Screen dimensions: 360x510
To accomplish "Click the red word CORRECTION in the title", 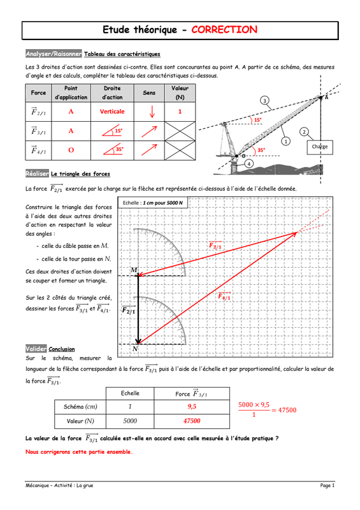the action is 224,29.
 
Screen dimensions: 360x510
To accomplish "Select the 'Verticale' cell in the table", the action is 112,112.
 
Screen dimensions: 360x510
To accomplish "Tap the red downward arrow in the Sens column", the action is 152,112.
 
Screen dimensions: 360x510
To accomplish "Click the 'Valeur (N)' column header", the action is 180,92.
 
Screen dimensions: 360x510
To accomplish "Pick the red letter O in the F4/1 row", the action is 71,150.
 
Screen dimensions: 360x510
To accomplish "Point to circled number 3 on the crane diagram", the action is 264,101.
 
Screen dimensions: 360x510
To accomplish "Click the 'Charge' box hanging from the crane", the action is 320,147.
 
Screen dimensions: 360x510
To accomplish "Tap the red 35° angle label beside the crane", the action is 261,150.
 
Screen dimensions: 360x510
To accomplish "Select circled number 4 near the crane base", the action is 248,164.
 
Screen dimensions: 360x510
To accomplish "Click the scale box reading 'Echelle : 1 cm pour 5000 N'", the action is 153,203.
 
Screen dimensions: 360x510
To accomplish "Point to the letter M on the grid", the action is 134,270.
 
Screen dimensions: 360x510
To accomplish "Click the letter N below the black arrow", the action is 135,349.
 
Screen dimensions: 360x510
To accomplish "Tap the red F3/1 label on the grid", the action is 215,245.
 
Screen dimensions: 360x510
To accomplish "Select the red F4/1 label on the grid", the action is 224,296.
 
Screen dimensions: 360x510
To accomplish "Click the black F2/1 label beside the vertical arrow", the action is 129,310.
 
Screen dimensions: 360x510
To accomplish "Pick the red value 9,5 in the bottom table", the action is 192,406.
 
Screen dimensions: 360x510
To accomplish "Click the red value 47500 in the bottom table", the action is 192,421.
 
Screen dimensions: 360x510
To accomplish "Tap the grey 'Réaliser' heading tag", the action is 37,173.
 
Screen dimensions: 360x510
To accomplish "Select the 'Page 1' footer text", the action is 327,485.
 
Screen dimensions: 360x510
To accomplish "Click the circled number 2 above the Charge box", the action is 304,132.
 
